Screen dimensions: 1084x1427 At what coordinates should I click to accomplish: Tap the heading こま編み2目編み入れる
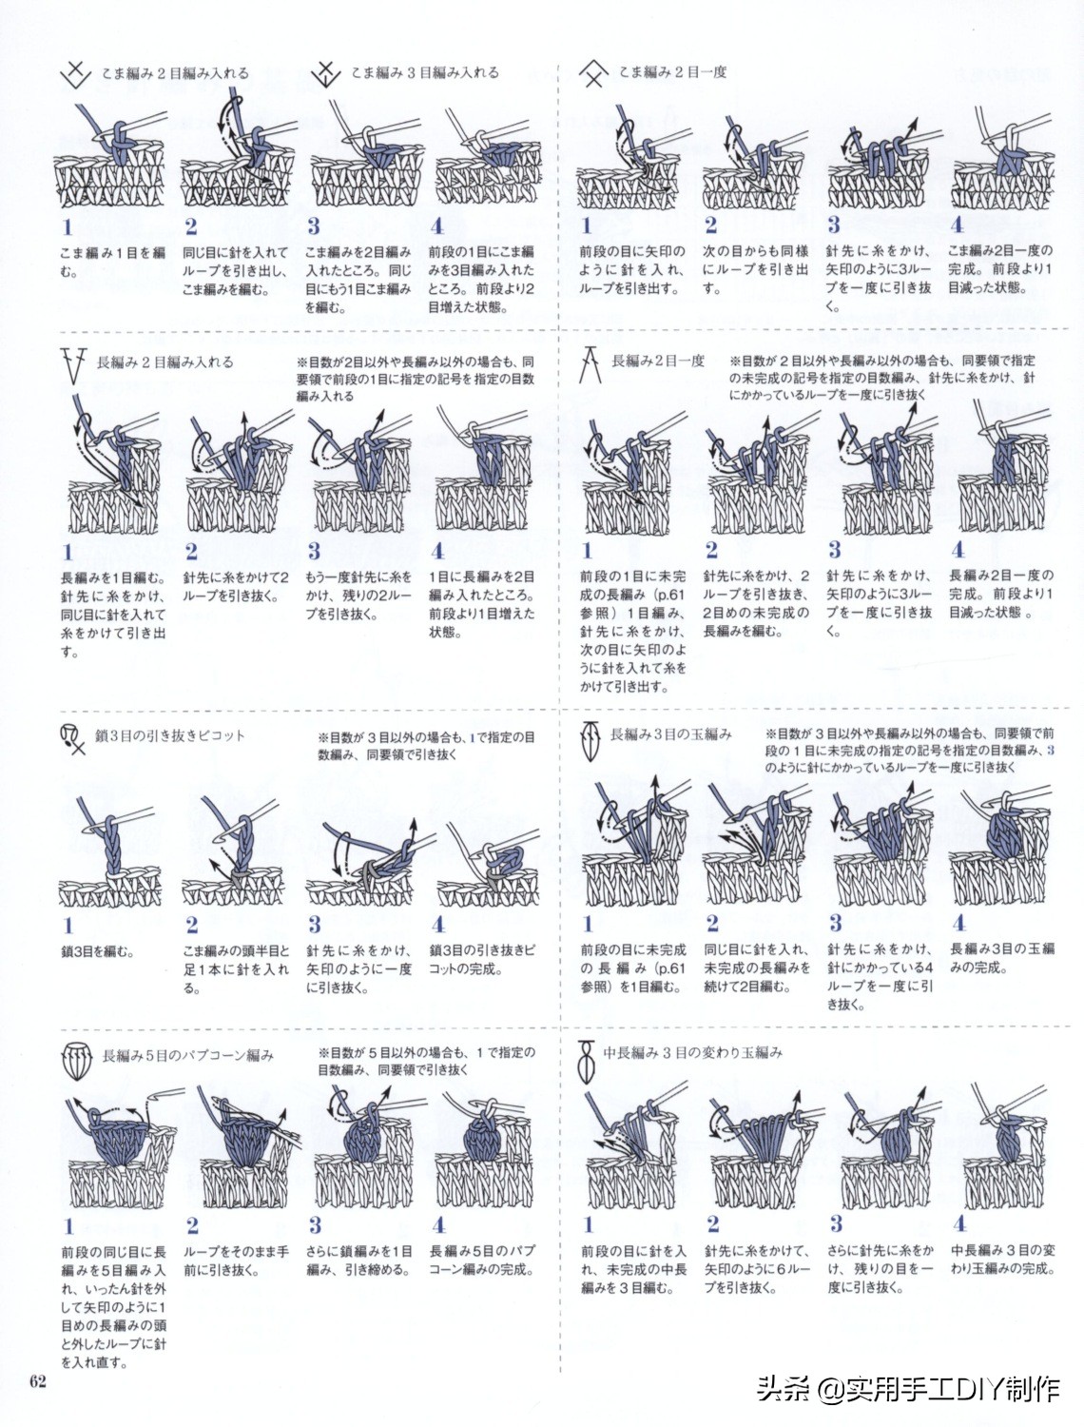tap(175, 73)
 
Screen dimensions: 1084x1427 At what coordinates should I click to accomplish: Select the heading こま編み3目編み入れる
tap(425, 72)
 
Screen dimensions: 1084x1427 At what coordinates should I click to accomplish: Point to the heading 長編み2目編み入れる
tap(165, 362)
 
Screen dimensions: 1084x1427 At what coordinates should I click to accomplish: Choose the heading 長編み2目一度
tap(658, 361)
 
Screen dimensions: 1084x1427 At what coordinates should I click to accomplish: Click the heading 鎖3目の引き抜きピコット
tap(170, 735)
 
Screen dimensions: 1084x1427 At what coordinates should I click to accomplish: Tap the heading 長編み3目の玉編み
tap(671, 734)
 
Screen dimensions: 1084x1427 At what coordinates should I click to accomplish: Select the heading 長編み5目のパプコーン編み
tap(187, 1055)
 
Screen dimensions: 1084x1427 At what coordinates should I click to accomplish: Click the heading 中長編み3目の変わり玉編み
tap(693, 1052)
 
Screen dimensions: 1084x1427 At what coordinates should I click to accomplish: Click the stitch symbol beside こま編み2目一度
tap(593, 73)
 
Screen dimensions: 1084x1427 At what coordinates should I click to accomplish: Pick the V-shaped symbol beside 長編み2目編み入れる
tap(73, 365)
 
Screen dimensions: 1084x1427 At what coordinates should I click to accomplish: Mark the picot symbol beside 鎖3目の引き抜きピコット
tap(73, 740)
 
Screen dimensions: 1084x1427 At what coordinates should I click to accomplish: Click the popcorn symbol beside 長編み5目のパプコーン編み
tap(76, 1061)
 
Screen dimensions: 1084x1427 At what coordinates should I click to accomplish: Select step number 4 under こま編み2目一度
tap(957, 225)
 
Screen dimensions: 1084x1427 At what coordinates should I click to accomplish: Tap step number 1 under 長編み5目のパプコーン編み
tap(68, 1226)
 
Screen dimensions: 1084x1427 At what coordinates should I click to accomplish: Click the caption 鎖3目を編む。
tap(97, 951)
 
